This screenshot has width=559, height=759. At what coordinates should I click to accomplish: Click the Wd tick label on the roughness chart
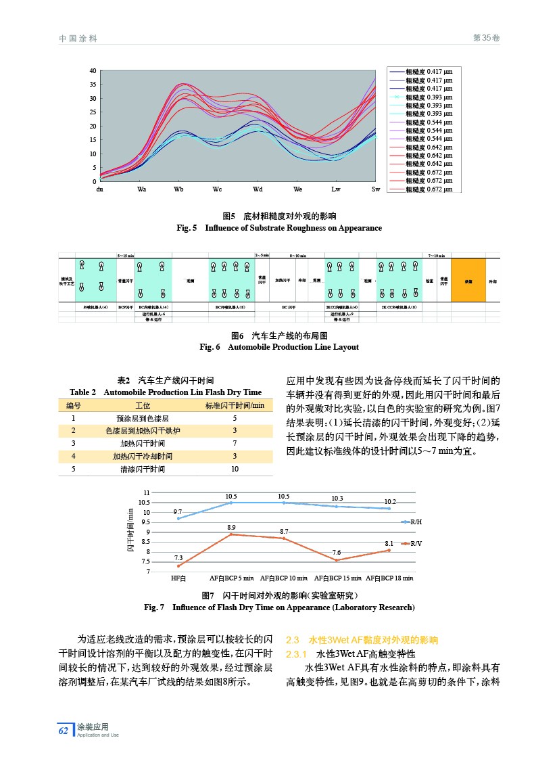pyautogui.click(x=258, y=189)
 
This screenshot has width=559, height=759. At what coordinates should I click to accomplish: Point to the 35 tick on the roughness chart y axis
pyautogui.click(x=93, y=85)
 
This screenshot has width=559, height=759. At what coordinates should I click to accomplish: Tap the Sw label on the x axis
pyautogui.click(x=376, y=189)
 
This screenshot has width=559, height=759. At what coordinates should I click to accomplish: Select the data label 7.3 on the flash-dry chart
pyautogui.click(x=178, y=557)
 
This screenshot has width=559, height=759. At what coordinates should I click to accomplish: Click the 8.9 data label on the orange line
pyautogui.click(x=231, y=526)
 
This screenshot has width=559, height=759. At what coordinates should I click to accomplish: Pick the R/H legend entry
pyautogui.click(x=416, y=522)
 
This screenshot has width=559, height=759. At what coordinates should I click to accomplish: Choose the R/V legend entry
pyautogui.click(x=416, y=543)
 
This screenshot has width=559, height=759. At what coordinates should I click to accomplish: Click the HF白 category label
pyautogui.click(x=178, y=578)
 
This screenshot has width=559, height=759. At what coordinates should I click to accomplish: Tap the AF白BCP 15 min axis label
pyautogui.click(x=337, y=578)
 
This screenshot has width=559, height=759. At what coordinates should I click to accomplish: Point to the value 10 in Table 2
pyautogui.click(x=235, y=468)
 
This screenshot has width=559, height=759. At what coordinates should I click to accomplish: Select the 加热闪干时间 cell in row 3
pyautogui.click(x=143, y=443)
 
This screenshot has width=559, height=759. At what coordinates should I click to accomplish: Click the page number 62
pyautogui.click(x=63, y=730)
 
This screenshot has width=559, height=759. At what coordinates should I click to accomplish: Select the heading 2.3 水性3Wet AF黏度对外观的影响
pyautogui.click(x=362, y=640)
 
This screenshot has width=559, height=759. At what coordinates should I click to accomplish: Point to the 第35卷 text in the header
pyautogui.click(x=486, y=39)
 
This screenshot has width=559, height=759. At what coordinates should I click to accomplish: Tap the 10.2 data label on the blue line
pyautogui.click(x=390, y=501)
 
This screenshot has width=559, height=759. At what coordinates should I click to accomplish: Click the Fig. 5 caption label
pyautogui.click(x=187, y=228)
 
